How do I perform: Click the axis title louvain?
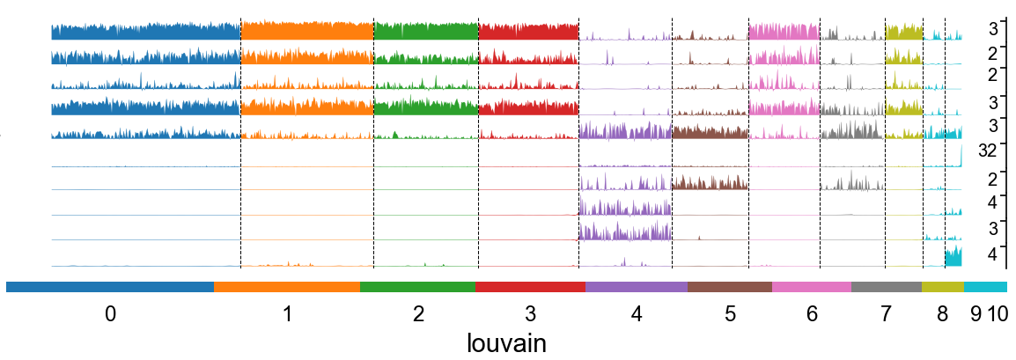pos(506,343)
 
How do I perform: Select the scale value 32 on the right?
pos(987,150)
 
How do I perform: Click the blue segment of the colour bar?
pos(110,287)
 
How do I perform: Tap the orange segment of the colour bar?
pos(287,287)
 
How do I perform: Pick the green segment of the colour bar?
pos(417,287)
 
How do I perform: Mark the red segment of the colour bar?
pos(530,287)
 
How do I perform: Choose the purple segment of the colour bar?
pos(637,287)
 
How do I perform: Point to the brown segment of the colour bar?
pos(730,287)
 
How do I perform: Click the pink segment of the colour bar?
pos(812,287)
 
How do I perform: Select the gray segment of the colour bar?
pos(887,287)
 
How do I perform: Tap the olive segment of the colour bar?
pos(943,287)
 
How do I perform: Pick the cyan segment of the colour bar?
pos(986,287)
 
